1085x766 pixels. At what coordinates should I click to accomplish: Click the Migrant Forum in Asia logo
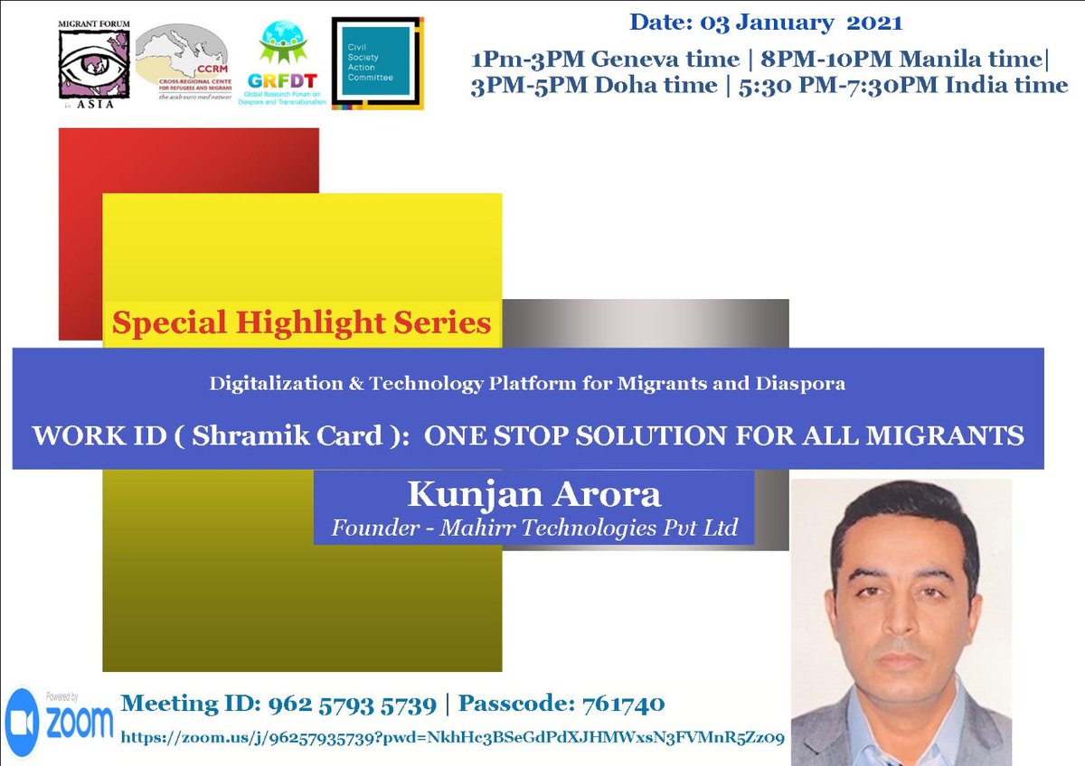[94, 66]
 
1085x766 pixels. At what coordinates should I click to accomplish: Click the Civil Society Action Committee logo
[377, 62]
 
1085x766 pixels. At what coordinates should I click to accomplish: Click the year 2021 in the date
[874, 20]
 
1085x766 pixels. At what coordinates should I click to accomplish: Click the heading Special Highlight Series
[302, 322]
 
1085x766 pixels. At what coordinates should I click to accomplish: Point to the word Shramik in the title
[250, 436]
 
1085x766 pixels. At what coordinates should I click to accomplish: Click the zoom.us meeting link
[452, 736]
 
